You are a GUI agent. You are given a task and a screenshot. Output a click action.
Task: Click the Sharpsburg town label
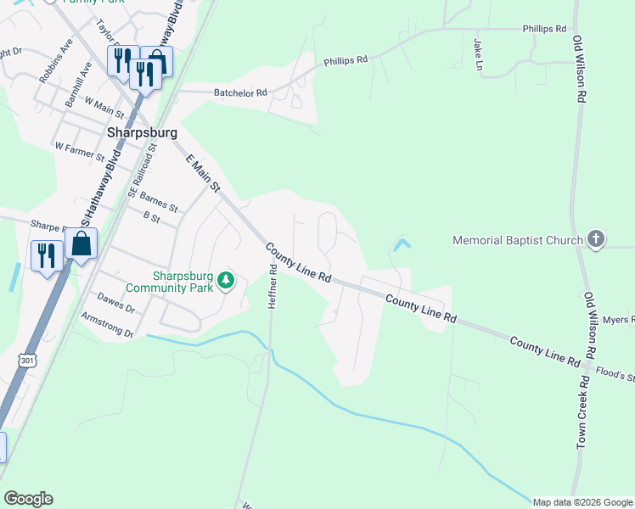[142, 133]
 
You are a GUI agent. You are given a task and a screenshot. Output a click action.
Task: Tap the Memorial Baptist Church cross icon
[596, 239]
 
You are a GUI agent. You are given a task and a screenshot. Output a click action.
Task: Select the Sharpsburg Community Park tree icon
[225, 280]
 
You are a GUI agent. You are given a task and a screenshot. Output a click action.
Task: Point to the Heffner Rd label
[273, 288]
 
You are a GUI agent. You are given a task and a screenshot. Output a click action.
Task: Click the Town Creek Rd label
[582, 415]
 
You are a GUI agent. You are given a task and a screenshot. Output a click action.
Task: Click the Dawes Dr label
[115, 304]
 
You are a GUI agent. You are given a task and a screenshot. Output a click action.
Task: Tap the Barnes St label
[159, 202]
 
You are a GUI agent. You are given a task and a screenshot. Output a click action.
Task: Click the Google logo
[28, 499]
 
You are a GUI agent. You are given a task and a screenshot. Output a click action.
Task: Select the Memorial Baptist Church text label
[518, 240]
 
